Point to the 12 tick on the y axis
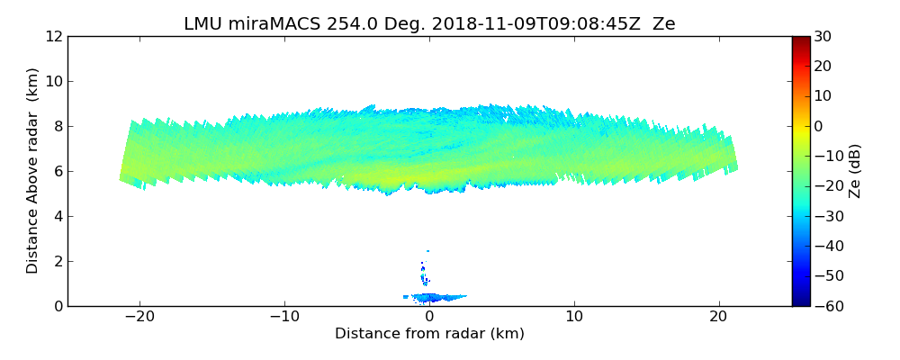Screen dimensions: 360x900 coord(55,37)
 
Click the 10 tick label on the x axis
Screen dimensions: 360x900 coord(574,317)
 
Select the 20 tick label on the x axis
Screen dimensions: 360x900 coord(718,317)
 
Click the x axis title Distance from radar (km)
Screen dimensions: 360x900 coord(429,334)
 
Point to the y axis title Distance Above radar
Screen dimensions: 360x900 coord(33,171)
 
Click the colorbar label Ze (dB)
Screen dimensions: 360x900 coord(855,171)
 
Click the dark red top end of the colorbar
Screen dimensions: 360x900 coord(801,40)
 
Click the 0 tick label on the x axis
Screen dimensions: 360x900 coord(429,317)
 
